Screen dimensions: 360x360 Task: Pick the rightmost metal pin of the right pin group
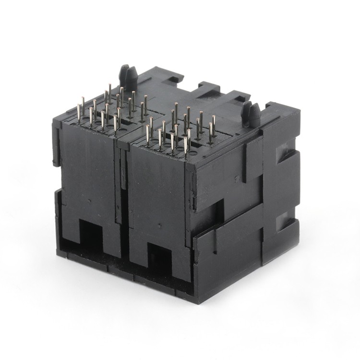[213, 124]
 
